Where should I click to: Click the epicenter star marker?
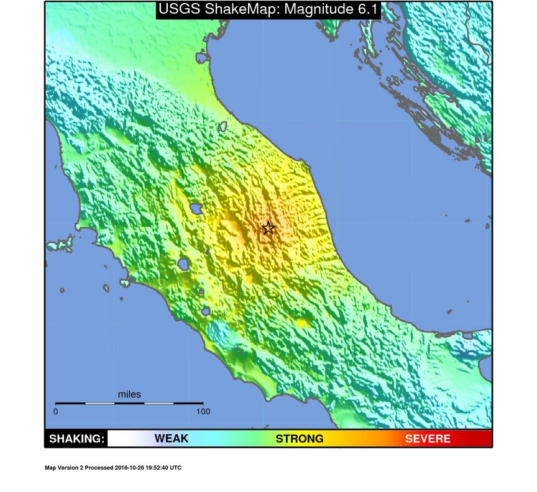tap(268, 228)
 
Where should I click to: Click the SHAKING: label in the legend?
tap(76, 439)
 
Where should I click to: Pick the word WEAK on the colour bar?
tap(171, 439)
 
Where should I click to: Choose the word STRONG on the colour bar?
tap(300, 439)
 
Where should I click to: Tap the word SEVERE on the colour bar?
tap(428, 439)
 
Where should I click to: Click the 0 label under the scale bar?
tap(56, 411)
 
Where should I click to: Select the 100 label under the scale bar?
tap(203, 411)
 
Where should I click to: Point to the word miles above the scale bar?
tap(129, 394)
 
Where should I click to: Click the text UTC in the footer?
tap(176, 468)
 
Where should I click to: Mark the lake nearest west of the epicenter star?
tap(196, 208)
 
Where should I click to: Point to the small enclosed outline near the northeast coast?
tap(222, 127)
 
